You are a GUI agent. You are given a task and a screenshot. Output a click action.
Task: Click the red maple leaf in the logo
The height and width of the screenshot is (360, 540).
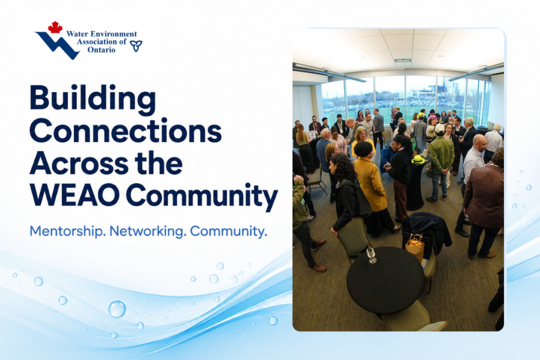55,27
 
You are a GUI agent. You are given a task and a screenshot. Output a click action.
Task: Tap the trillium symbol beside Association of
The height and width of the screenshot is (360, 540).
136,46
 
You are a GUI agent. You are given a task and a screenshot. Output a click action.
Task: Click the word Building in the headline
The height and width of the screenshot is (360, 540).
93,100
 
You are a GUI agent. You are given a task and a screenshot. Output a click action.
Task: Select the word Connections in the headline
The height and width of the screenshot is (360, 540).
126,131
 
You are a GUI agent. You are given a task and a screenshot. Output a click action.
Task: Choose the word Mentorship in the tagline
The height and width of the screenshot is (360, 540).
67,231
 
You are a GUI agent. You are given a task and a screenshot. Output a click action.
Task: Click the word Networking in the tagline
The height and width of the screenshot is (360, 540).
148,231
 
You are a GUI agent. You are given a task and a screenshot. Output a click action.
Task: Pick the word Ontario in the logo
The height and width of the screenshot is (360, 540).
101,50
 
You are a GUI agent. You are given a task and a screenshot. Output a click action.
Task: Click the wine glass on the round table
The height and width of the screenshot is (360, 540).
371,255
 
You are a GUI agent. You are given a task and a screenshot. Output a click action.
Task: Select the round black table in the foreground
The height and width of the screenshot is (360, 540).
385,280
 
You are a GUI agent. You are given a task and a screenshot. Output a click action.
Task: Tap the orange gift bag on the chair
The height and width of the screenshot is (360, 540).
415,247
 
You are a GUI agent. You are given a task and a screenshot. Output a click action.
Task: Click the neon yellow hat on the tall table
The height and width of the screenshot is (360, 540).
418,159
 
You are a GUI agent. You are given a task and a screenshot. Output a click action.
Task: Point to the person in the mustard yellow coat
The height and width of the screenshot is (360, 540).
371,188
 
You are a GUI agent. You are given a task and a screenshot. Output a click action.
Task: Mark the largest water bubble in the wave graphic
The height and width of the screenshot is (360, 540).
117,309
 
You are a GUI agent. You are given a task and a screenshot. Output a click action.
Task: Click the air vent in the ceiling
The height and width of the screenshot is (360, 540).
403,61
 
